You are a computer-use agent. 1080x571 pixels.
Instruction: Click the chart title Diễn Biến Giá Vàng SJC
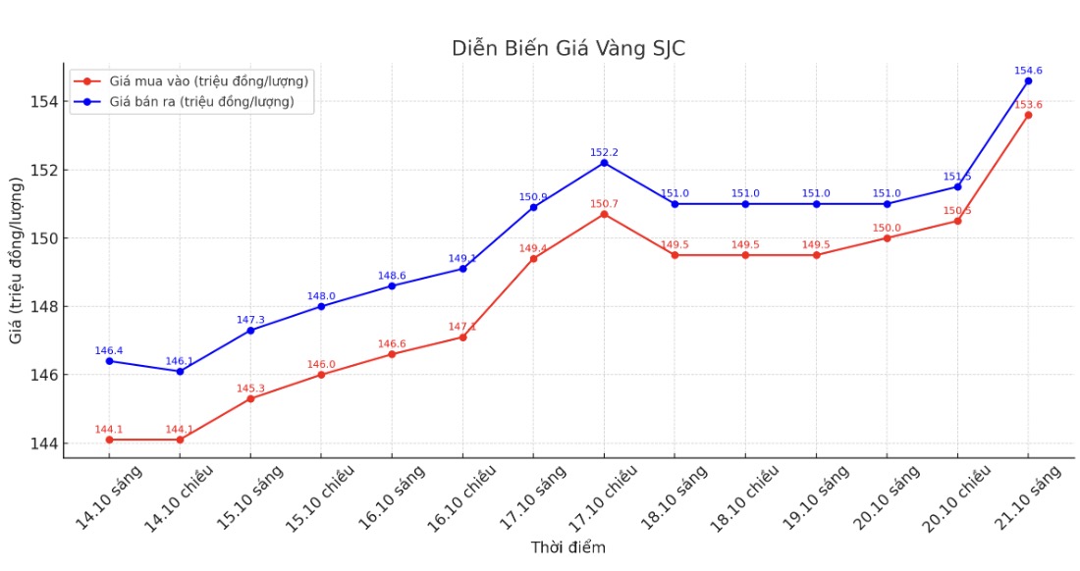[x=568, y=48]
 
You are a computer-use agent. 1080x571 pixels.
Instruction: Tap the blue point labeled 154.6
[x=1028, y=80]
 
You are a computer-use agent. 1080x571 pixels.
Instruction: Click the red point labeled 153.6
[x=1028, y=115]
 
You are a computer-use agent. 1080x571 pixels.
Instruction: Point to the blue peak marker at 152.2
[x=604, y=163]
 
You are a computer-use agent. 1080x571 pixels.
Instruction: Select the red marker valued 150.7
[x=604, y=214]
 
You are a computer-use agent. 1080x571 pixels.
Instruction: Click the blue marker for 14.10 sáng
[x=109, y=361]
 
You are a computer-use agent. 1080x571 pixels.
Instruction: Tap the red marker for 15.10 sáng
[x=250, y=398]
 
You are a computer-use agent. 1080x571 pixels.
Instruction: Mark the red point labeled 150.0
[x=887, y=237]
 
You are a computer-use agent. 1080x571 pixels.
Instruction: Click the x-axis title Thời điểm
[x=568, y=547]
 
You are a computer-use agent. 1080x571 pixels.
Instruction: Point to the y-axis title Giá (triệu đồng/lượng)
[x=17, y=260]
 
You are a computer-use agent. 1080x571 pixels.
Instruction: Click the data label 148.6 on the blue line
[x=392, y=276]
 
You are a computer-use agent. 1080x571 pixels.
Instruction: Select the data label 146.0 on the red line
[x=321, y=364]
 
